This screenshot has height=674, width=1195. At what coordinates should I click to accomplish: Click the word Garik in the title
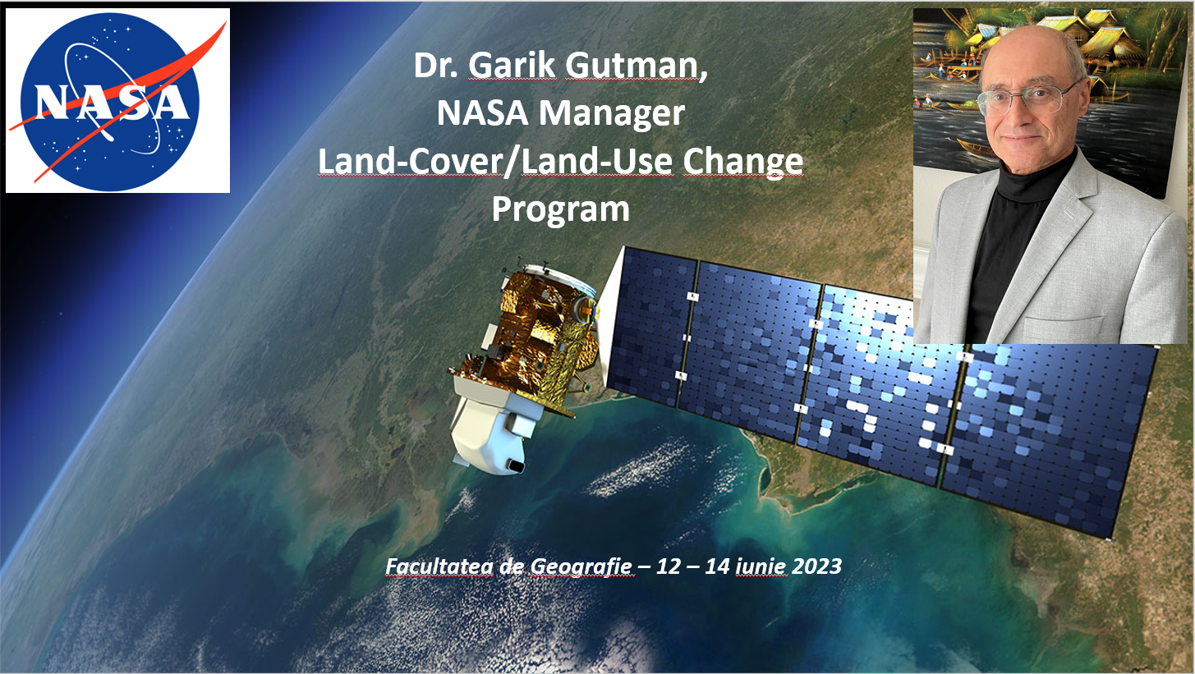coord(512,65)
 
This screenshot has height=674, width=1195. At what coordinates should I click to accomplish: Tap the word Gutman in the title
coord(636,66)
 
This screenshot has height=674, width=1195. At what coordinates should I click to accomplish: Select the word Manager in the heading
coord(611,113)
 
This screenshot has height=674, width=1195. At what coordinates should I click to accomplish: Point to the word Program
coord(561,209)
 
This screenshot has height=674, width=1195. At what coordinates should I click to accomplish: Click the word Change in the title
coord(742,162)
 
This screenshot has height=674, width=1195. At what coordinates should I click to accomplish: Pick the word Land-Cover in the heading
coord(411,161)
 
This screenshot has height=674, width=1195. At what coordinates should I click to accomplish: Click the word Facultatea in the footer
coord(439,566)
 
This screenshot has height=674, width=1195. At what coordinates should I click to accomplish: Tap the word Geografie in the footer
coord(581,566)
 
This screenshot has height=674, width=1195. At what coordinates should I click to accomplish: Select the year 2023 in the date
coord(816,566)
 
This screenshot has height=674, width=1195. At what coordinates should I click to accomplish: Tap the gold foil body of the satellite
coord(545,331)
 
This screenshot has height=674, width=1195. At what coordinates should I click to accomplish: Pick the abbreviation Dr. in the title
coord(436,66)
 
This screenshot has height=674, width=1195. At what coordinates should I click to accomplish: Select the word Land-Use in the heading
coord(596,161)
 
